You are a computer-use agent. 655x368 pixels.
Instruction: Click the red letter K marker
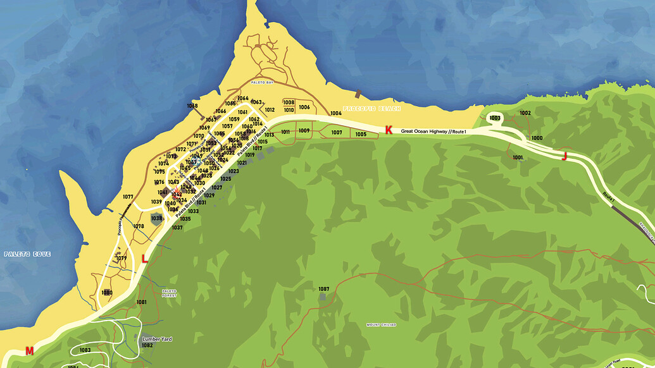[389, 130]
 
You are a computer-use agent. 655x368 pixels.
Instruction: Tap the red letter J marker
[564, 156]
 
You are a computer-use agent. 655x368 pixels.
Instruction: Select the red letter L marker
[144, 258]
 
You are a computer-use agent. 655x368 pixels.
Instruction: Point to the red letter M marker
[29, 350]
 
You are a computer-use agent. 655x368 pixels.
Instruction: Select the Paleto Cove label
[27, 254]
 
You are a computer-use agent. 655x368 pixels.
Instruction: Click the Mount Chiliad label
[381, 325]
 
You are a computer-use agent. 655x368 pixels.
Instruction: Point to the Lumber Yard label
[157, 339]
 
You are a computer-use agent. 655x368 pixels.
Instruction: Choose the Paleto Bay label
[261, 83]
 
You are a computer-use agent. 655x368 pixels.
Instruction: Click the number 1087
[323, 288]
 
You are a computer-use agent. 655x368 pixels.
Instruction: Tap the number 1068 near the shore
[192, 106]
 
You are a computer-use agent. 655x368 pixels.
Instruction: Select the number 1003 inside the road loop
[495, 118]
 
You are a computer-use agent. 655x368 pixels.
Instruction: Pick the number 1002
[525, 113]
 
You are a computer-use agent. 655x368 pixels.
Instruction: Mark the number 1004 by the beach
[336, 114]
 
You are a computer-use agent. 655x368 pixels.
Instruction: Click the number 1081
[141, 302]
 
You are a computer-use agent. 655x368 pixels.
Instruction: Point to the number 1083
[85, 350]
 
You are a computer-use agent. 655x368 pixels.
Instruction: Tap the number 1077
[128, 197]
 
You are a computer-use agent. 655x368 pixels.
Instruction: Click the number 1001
[518, 157]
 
